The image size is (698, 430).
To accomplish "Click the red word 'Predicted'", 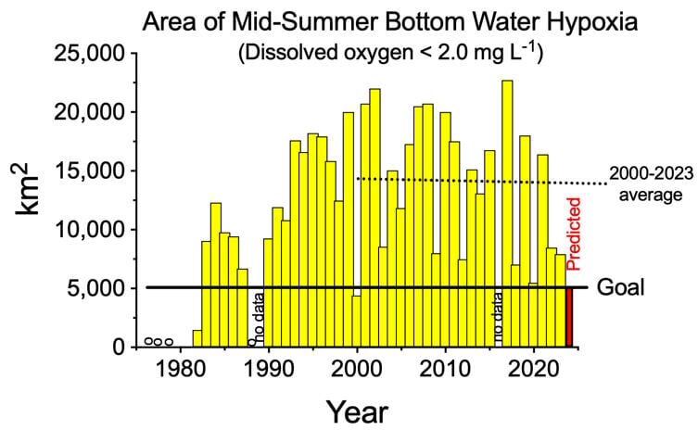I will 573,233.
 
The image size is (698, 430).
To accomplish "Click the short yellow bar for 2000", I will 357,321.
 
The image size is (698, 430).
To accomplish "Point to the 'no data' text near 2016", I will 498,320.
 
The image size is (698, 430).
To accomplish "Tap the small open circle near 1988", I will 251,342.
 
